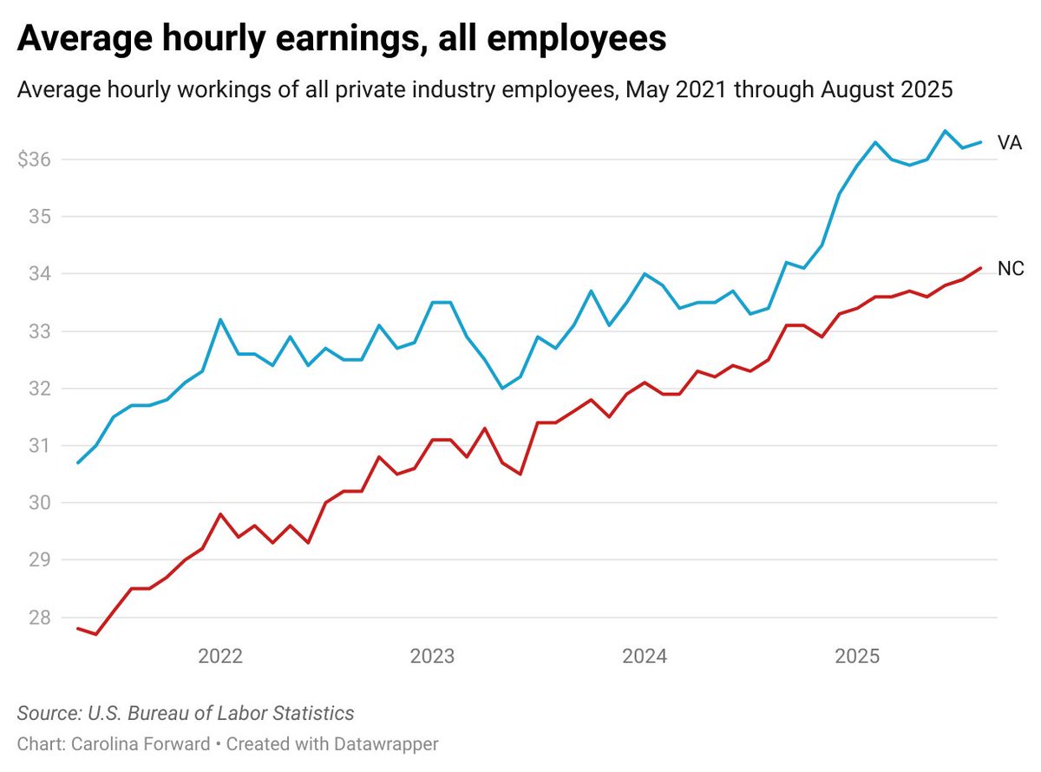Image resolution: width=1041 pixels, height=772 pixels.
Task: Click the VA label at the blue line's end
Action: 1010,143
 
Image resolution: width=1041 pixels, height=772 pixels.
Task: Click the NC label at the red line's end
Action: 1011,269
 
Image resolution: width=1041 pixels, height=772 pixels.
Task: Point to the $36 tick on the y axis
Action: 34,160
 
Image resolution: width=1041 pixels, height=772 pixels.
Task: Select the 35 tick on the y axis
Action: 38,217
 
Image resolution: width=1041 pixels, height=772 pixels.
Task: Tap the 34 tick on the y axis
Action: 38,274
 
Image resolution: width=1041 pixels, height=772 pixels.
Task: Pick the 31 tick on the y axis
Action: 38,446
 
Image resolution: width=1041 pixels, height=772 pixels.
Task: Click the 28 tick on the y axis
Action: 38,618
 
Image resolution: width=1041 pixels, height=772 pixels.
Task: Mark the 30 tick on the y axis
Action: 38,503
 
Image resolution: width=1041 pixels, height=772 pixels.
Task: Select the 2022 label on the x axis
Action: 220,656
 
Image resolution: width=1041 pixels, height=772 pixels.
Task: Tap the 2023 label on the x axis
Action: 432,656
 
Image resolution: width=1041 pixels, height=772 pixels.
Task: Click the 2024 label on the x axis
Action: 644,656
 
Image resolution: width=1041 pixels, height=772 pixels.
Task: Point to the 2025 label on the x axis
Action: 856,656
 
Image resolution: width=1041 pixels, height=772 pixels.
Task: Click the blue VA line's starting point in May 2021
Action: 79,462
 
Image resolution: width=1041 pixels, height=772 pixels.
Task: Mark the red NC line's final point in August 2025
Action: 980,268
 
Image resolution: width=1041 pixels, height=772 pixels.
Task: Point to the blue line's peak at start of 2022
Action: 220,319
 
